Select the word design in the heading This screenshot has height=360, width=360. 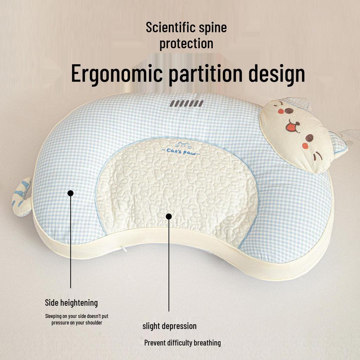point(277,73)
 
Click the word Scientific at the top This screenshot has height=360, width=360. point(170,27)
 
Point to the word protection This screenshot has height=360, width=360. point(186,44)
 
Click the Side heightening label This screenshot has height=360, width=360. point(71,303)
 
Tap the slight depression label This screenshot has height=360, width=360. point(169,326)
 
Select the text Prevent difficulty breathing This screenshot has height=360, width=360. point(182,343)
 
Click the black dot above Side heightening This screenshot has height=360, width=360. point(70,193)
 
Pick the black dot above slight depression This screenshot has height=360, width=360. point(169,217)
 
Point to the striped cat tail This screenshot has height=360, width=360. point(21,197)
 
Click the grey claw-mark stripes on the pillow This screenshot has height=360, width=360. point(187,104)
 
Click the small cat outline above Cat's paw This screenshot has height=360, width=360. point(182,145)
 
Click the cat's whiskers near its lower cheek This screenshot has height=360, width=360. point(317,156)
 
